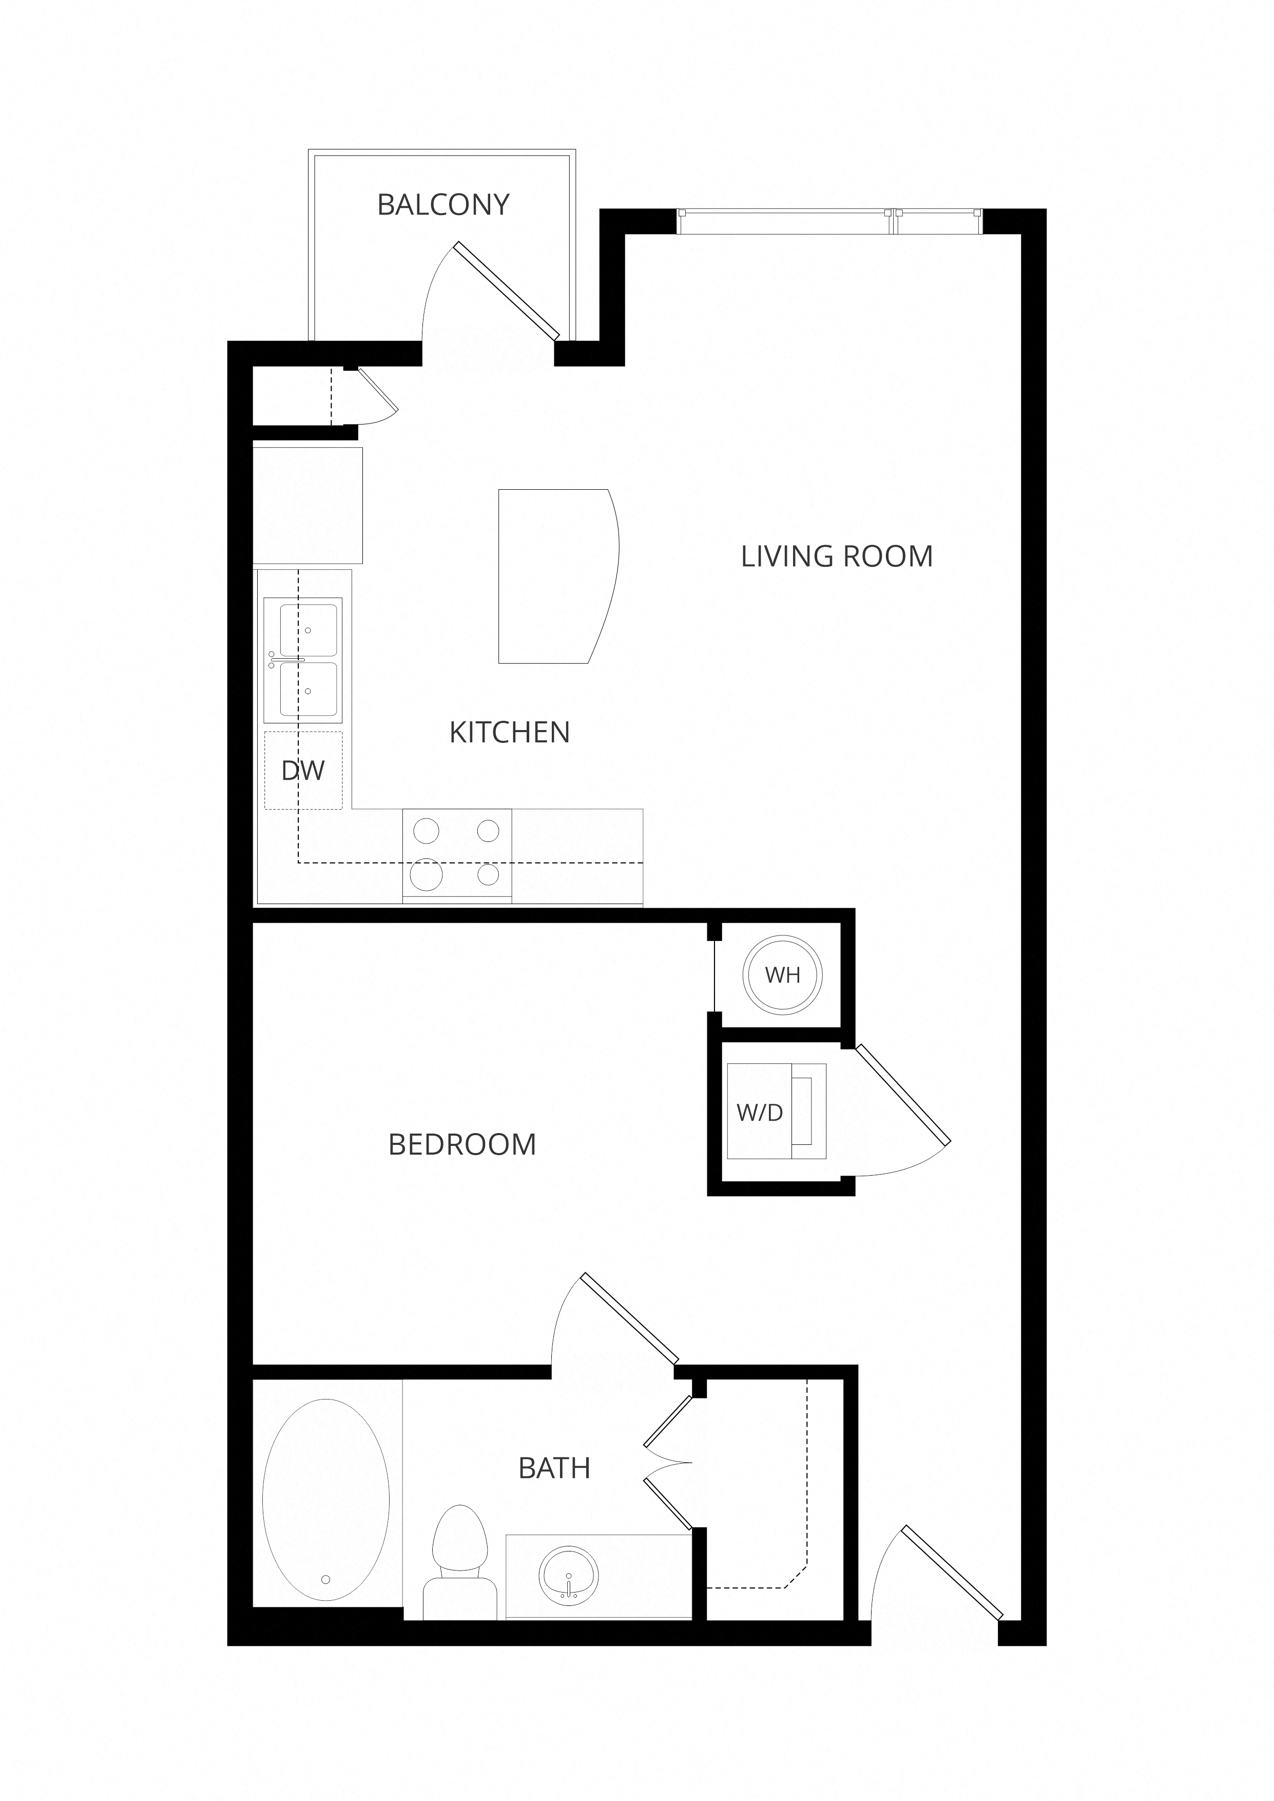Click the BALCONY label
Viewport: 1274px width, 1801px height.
point(443,205)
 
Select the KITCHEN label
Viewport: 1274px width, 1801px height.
point(509,733)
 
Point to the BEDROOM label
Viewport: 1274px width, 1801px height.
point(462,1145)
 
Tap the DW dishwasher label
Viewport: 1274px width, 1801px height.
point(303,771)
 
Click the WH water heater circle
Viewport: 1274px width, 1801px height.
point(782,975)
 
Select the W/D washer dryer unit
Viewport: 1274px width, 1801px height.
point(776,1112)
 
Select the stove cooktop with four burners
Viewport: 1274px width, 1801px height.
point(456,853)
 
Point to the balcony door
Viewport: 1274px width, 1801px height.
point(507,290)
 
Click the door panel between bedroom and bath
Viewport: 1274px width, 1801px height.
point(630,1318)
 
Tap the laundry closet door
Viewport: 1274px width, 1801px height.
point(902,1094)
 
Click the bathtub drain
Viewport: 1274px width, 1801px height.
point(325,1580)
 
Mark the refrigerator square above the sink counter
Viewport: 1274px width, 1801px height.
point(307,505)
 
